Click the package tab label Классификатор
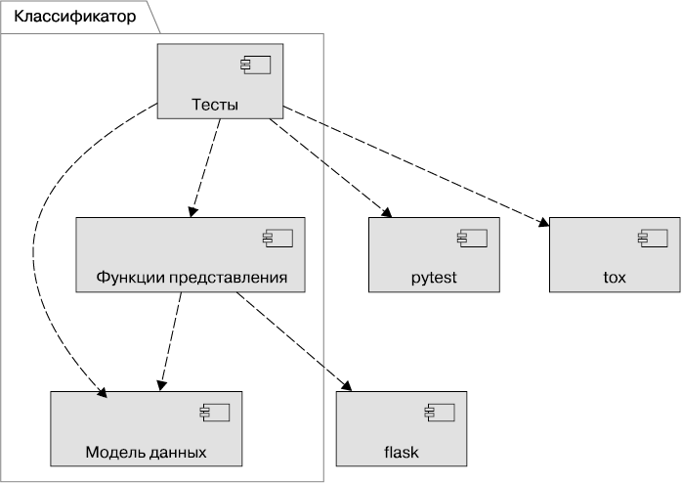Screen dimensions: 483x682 [75, 17]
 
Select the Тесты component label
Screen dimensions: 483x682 [215, 105]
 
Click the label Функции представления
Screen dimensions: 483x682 [192, 278]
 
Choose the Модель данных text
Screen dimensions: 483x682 [146, 452]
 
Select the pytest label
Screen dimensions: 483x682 [434, 278]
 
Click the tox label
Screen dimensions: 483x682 [615, 278]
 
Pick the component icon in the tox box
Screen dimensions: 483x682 [649, 239]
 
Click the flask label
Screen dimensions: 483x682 [401, 452]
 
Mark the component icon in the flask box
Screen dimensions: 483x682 [435, 413]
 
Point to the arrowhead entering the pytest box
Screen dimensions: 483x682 [386, 212]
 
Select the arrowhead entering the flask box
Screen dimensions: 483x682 [345, 385]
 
